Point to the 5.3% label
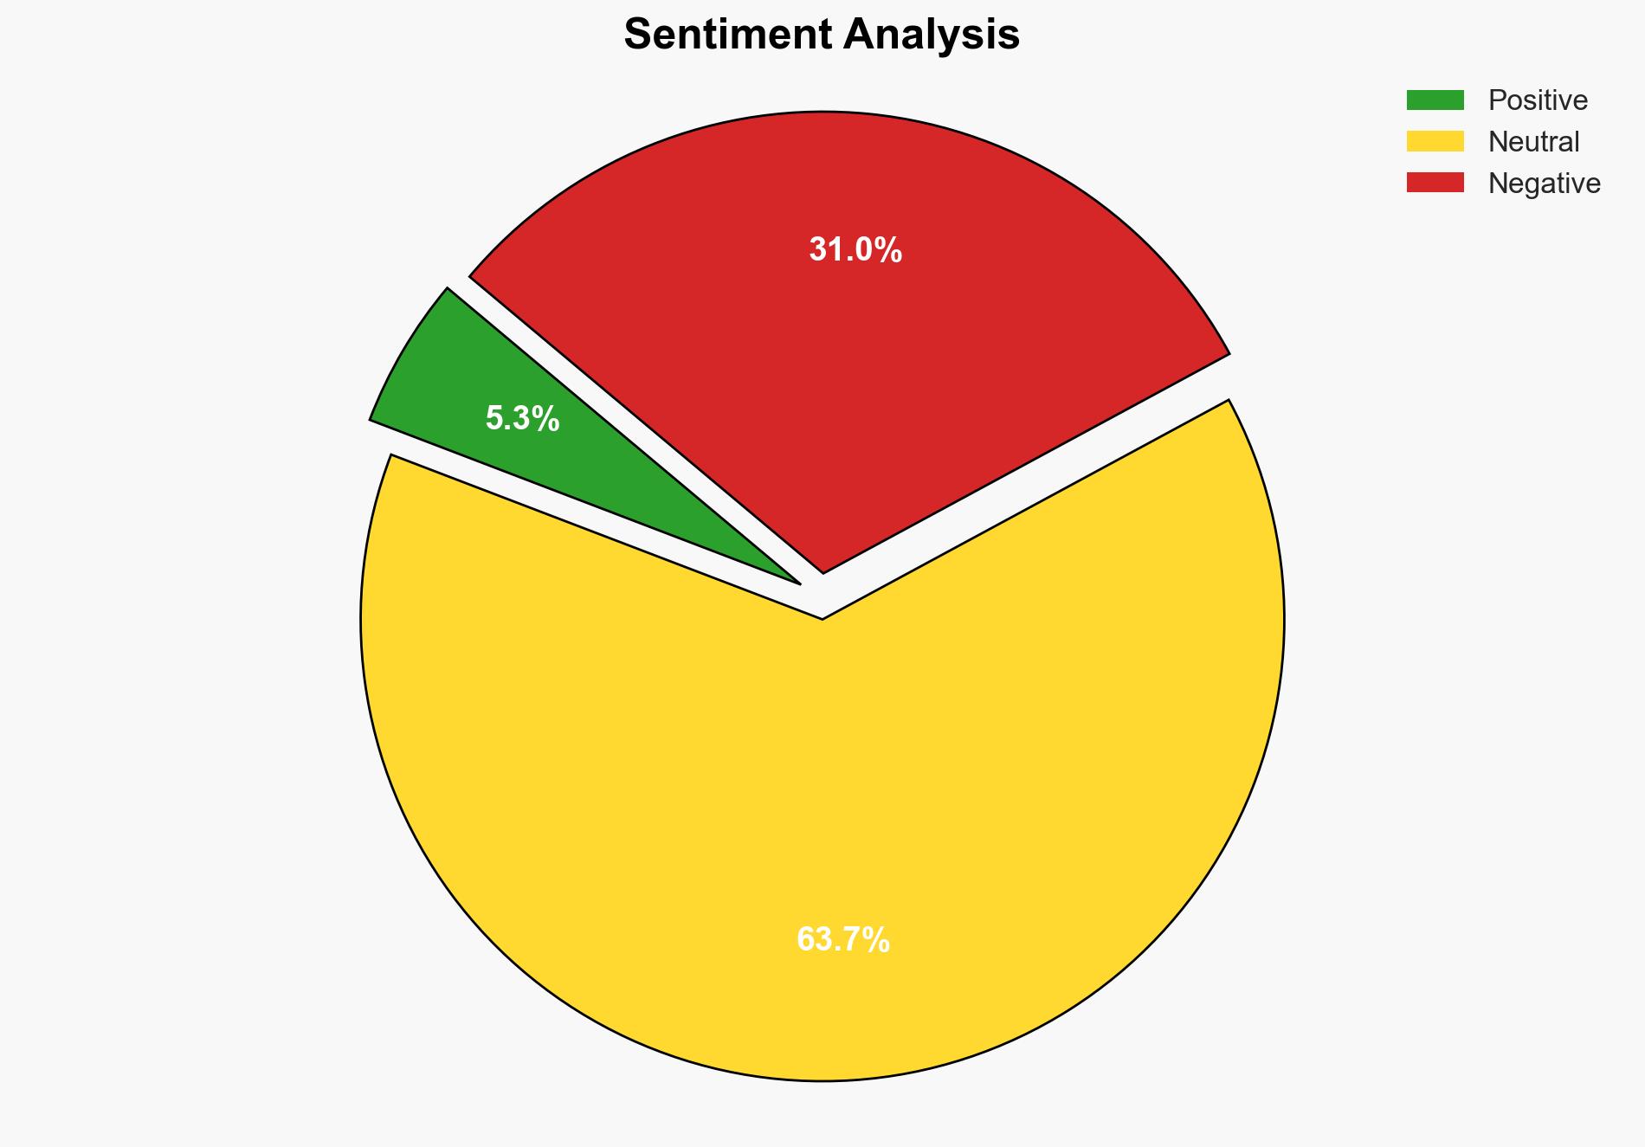(522, 420)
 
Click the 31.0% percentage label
(855, 250)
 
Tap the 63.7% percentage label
(842, 940)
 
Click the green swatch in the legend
(1435, 100)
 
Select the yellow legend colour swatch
(1435, 141)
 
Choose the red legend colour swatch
(1435, 183)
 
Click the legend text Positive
(1538, 100)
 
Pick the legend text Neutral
(1533, 142)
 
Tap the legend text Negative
(1544, 184)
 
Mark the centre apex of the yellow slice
(822, 616)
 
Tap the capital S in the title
(637, 35)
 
